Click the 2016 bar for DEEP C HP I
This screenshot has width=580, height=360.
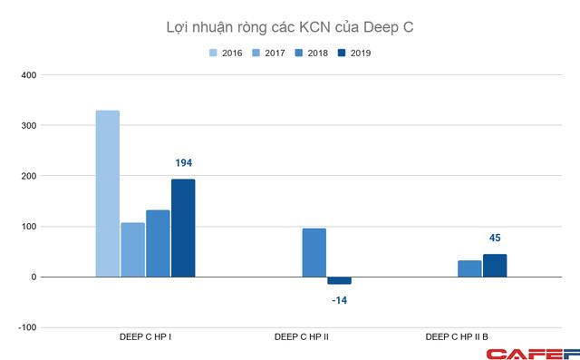pos(108,193)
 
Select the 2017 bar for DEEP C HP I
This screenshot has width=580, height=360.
pos(133,249)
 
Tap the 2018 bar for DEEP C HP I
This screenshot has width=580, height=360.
pos(158,243)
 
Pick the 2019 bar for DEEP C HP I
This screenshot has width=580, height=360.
pos(183,228)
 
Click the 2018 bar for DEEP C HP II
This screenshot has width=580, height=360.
pos(314,253)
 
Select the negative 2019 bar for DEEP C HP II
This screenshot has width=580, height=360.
pos(339,280)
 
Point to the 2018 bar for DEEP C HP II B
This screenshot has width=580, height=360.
pos(469,268)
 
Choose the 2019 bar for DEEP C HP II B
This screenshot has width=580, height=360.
pos(495,266)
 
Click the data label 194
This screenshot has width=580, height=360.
pos(183,163)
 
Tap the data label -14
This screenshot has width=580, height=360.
pos(340,300)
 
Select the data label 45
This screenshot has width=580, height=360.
pos(495,238)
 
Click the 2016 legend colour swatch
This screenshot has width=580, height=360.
pos(213,53)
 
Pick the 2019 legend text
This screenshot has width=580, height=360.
pos(361,53)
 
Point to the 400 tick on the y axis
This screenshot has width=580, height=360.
pos(29,75)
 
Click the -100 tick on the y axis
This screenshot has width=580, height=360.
pos(27,327)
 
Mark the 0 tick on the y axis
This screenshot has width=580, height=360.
pos(34,277)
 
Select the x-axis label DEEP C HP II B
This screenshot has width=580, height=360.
pos(457,336)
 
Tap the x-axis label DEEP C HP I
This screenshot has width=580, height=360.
pos(145,336)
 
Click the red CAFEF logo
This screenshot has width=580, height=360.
pos(533,354)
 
